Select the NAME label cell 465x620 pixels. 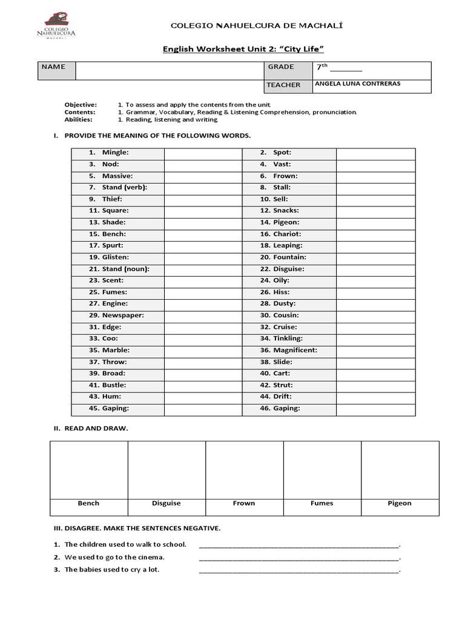[x=53, y=67]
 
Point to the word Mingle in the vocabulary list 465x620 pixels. [x=115, y=153]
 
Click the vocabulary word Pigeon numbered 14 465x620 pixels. [x=286, y=222]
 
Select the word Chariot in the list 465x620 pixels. [x=287, y=234]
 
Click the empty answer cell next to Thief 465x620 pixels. [x=203, y=199]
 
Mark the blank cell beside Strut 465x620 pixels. [x=375, y=385]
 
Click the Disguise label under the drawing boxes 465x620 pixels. [x=167, y=503]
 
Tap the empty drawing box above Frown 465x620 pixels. [x=244, y=470]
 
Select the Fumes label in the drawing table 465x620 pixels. [x=322, y=503]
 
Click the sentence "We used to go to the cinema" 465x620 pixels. [x=114, y=557]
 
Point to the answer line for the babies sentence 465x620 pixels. [x=299, y=570]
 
